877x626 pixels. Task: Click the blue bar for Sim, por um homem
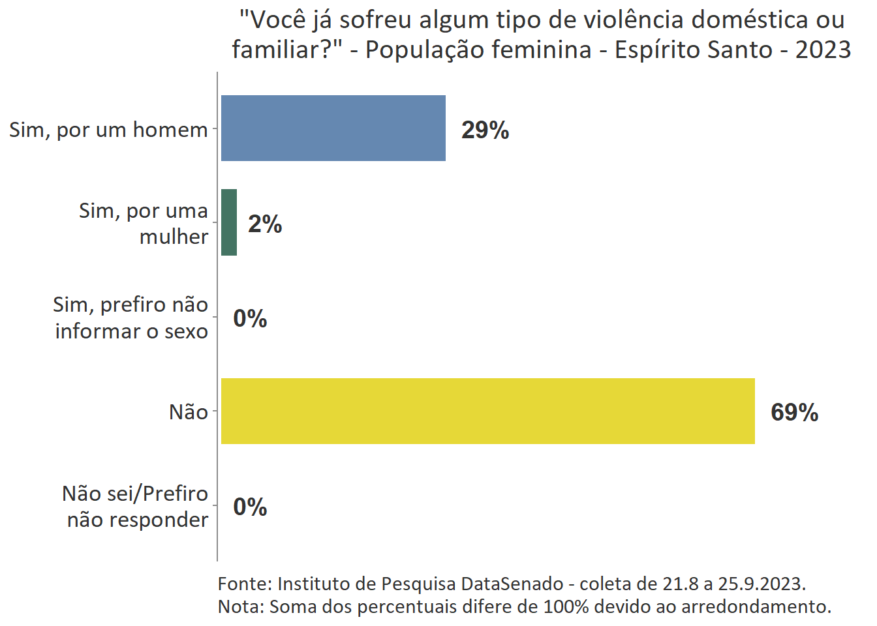point(333,128)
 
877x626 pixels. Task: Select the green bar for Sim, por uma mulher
point(229,222)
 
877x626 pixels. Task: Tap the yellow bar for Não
point(487,411)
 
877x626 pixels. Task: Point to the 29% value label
point(485,130)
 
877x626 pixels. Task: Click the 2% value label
point(265,224)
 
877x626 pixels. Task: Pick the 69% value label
point(794,412)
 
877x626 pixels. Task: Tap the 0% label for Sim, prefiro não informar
point(250,318)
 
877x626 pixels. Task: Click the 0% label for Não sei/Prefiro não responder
point(250,507)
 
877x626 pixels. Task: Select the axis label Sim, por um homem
point(108,130)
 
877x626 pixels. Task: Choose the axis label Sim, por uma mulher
point(144,223)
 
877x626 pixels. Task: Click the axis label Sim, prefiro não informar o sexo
point(131,318)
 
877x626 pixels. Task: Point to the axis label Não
point(188,412)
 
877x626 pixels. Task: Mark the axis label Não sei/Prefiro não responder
point(135,506)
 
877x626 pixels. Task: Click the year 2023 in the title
point(823,50)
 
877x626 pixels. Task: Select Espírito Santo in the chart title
point(693,50)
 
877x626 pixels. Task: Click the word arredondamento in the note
point(756,606)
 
